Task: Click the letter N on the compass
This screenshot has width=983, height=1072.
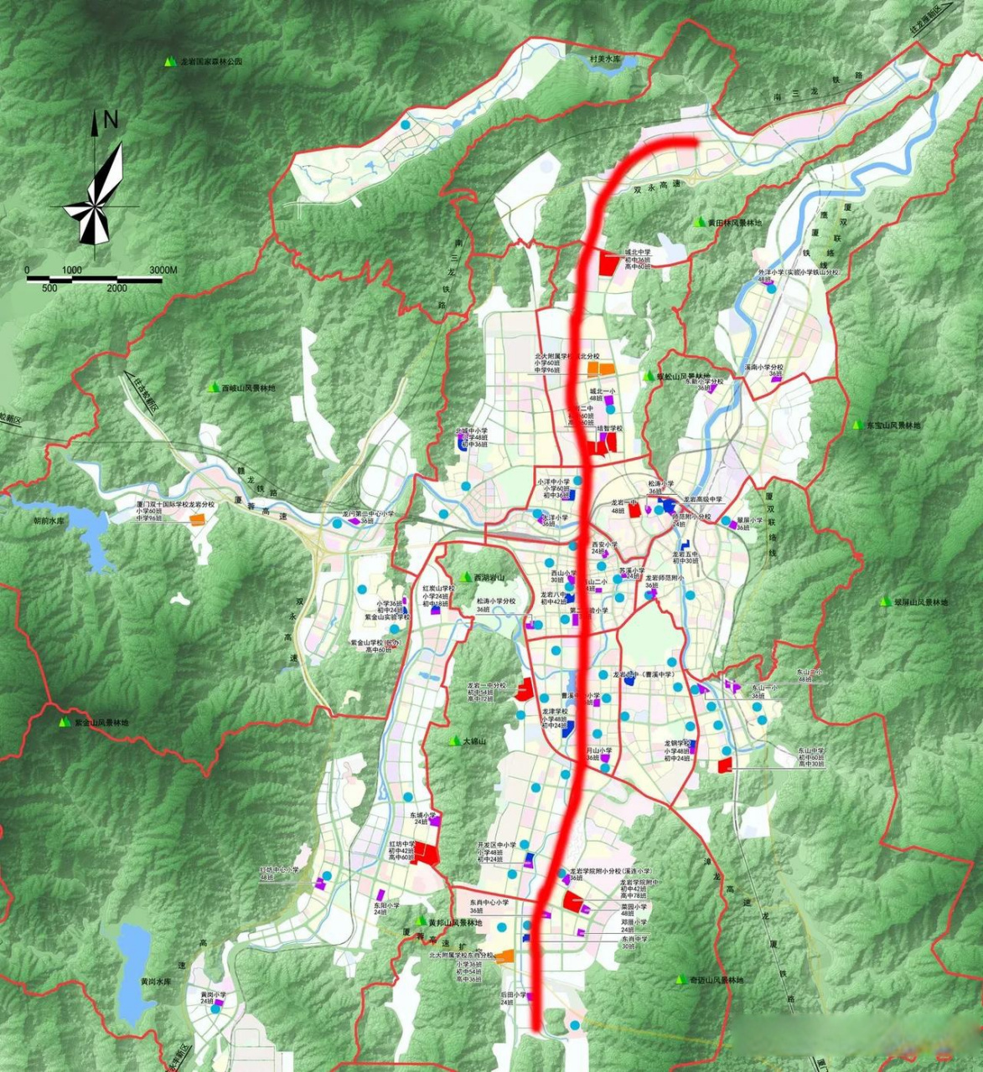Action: (x=111, y=121)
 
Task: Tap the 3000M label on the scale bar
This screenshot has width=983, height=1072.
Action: (x=163, y=270)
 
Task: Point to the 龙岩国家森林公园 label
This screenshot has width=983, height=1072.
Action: (x=210, y=62)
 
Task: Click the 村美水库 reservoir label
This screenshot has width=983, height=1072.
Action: (x=605, y=59)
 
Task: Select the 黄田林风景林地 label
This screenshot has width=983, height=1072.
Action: (x=734, y=223)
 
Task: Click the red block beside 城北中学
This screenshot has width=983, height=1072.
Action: (x=608, y=264)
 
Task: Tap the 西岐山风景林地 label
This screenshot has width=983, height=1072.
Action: (x=247, y=389)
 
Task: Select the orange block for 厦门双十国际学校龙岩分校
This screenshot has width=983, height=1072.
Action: (x=197, y=520)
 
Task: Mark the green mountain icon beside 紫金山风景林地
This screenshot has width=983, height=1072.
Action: (x=64, y=721)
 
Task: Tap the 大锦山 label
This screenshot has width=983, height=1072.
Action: (x=473, y=742)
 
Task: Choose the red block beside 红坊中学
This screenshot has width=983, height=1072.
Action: (x=427, y=854)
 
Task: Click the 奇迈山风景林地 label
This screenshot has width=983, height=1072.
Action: (x=717, y=980)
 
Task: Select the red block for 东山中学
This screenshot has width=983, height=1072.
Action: (x=725, y=765)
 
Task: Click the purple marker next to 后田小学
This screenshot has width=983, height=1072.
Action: (x=530, y=997)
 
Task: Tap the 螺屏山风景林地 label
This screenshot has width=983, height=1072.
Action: (x=920, y=602)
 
